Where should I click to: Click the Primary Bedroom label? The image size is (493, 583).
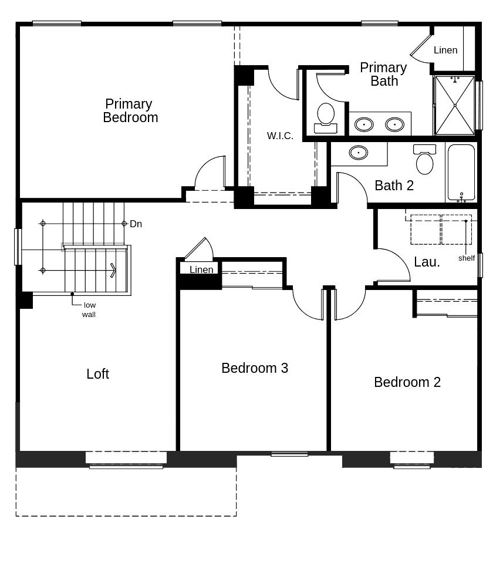(130, 111)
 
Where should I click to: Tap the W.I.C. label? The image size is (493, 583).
(280, 136)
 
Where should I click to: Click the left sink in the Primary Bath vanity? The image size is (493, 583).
(364, 124)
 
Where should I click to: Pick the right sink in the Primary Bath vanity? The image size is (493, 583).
(394, 124)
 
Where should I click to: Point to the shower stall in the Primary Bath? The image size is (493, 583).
(454, 105)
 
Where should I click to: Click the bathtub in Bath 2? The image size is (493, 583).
(461, 173)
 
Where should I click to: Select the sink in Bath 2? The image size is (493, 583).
(359, 153)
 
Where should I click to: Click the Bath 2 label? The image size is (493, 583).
(394, 186)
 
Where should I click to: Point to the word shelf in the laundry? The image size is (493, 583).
(467, 258)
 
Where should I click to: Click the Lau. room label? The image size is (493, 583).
(427, 262)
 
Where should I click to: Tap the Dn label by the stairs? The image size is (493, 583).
(136, 224)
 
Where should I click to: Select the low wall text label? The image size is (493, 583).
(89, 309)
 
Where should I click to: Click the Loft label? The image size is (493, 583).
(97, 374)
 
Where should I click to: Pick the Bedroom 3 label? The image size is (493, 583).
(255, 368)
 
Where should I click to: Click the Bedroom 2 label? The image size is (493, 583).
(407, 382)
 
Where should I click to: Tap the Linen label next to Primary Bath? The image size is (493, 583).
(445, 50)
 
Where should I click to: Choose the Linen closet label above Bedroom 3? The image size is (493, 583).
(201, 269)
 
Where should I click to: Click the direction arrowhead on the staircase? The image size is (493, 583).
(113, 270)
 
